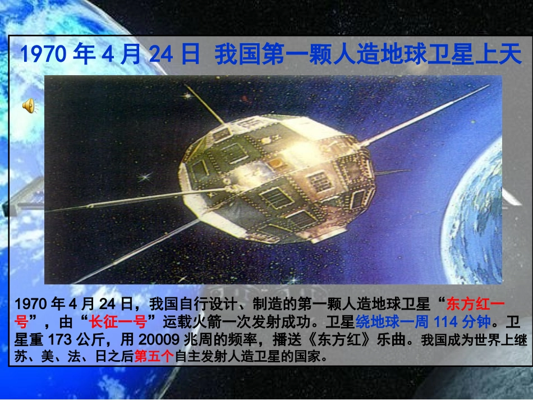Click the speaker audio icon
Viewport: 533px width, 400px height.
click(x=28, y=104)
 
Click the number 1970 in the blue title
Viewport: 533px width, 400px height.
click(x=44, y=54)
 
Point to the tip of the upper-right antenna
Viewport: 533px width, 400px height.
click(x=487, y=87)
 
